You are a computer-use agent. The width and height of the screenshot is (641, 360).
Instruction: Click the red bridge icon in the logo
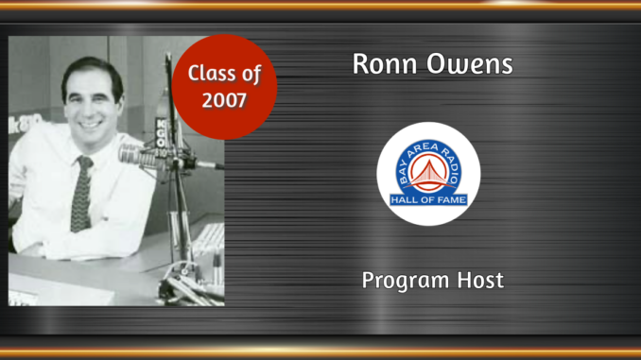click(428, 170)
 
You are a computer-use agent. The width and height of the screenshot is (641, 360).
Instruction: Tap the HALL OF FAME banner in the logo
click(428, 199)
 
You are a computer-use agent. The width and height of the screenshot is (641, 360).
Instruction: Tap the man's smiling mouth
click(92, 123)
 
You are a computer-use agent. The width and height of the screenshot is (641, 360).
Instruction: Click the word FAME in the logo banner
click(450, 199)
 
